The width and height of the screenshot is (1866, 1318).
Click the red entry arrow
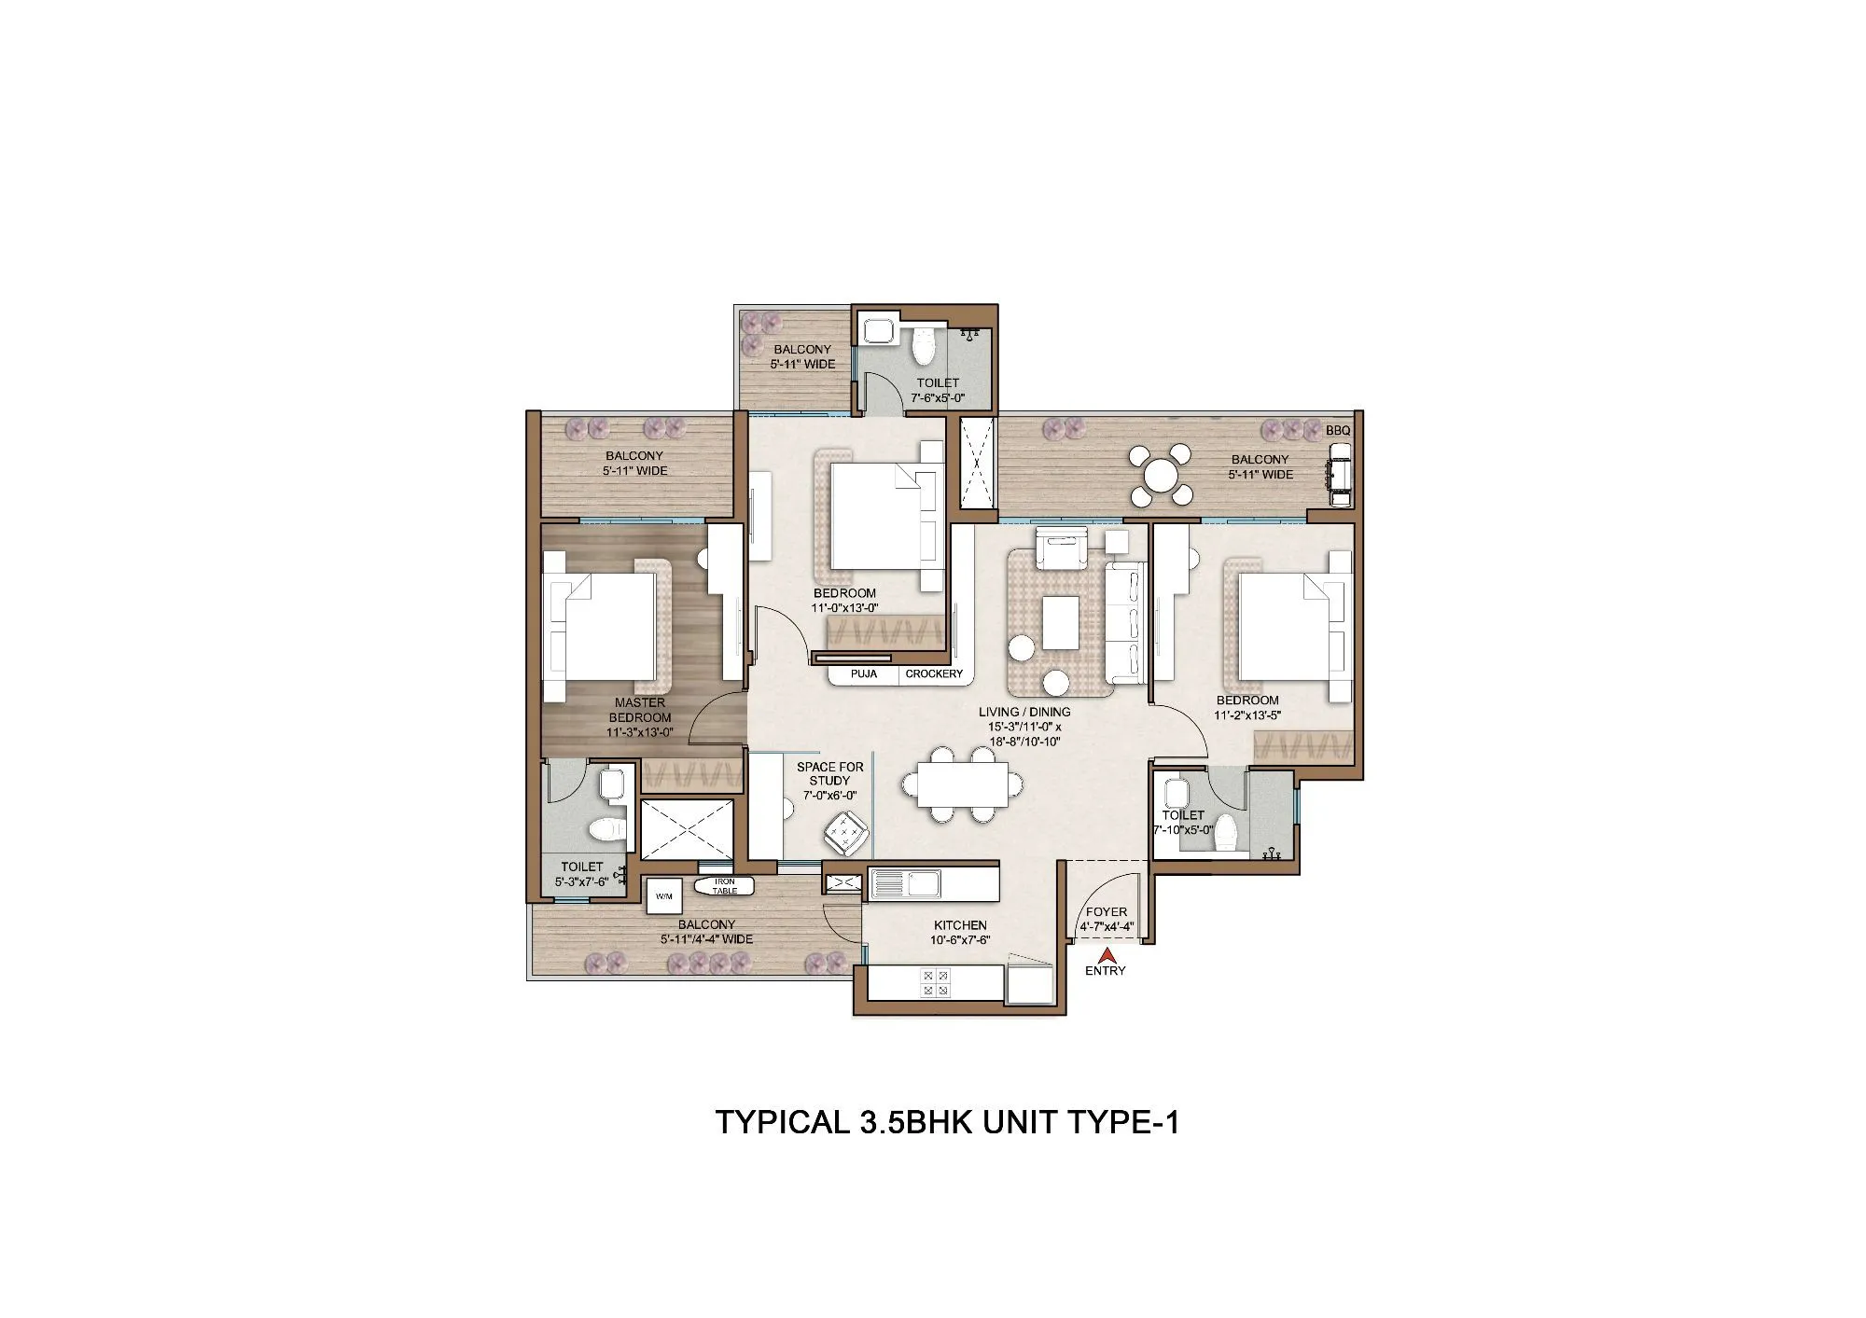tap(1107, 955)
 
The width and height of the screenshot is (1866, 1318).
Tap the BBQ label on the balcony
tap(1338, 431)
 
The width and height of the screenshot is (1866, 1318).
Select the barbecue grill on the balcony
tap(1340, 476)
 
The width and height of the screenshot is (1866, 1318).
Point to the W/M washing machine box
tap(664, 896)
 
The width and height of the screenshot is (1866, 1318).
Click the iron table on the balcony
tap(724, 886)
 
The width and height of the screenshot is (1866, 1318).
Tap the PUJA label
tap(864, 673)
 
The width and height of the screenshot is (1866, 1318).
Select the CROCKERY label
tap(934, 673)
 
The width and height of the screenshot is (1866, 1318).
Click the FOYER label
tap(1107, 912)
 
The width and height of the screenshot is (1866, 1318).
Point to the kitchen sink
tap(905, 883)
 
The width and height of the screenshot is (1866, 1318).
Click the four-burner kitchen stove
tap(935, 982)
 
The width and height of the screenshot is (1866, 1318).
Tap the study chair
tap(846, 831)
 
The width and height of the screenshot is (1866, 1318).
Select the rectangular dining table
tap(962, 784)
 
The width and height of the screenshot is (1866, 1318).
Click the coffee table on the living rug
tap(1061, 622)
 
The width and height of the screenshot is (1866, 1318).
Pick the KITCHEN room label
tap(960, 925)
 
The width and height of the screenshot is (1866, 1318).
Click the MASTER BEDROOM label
tap(640, 710)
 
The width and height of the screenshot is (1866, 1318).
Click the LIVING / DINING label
tap(1024, 712)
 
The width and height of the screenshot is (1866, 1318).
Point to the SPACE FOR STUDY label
tap(830, 773)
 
